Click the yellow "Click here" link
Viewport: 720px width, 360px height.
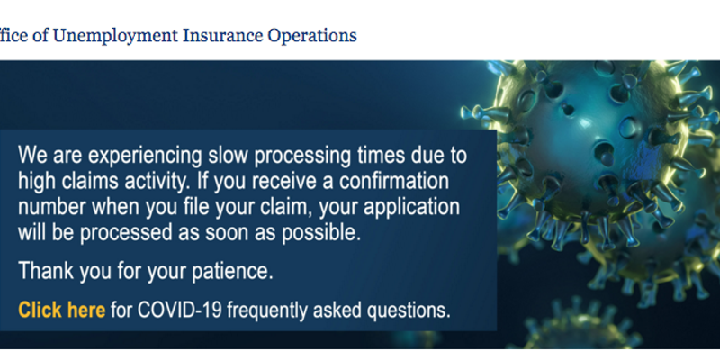click(x=61, y=310)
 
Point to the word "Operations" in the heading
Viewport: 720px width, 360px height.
click(x=312, y=36)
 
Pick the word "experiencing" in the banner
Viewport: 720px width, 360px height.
click(x=145, y=156)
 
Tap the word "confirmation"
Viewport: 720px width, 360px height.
click(x=394, y=181)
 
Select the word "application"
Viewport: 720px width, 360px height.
click(x=412, y=208)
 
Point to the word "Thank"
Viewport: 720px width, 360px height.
click(x=46, y=271)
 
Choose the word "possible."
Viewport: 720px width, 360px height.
click(x=321, y=234)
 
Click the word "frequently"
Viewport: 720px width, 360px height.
click(x=267, y=310)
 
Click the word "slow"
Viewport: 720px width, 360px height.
click(x=229, y=155)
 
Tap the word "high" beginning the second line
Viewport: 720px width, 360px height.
click(x=37, y=182)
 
